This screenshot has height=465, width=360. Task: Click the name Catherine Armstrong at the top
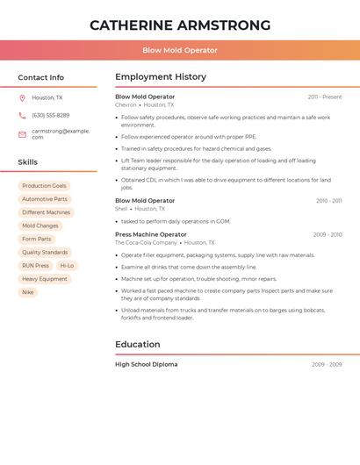[x=180, y=25]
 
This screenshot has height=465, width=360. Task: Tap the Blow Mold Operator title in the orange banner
[x=180, y=50]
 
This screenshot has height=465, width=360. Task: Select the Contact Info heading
[x=41, y=77]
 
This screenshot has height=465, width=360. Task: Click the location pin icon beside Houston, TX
[x=22, y=98]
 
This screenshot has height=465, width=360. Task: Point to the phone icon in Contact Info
[x=22, y=116]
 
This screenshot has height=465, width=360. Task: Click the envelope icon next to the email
[x=22, y=134]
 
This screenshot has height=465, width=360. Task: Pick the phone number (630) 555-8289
[x=50, y=116]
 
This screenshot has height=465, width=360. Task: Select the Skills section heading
[x=28, y=162]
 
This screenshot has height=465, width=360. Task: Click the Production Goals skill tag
[x=44, y=186]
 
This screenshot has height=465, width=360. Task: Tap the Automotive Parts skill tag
[x=44, y=199]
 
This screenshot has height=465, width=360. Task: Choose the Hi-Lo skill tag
[x=67, y=265]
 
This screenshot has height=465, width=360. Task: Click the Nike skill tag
[x=28, y=292]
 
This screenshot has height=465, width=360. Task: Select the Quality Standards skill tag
[x=45, y=252]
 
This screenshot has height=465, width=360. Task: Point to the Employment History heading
[x=161, y=77]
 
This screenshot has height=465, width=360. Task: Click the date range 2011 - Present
[x=325, y=97]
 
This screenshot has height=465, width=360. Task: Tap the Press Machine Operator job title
[x=151, y=234]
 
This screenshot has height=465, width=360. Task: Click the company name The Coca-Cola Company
[x=146, y=242]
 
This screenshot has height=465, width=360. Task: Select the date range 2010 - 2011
[x=329, y=201]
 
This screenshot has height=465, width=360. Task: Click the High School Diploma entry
[x=146, y=364]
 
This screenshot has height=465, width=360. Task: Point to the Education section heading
[x=138, y=344]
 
